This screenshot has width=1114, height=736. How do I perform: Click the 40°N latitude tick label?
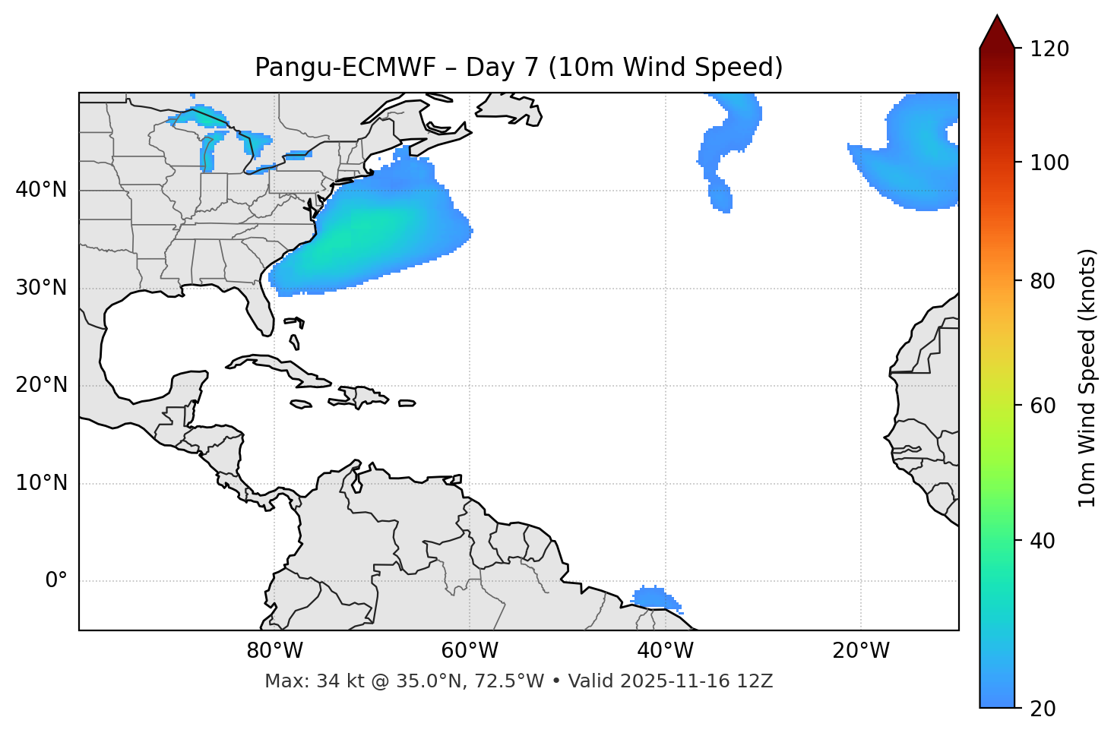pos(41,190)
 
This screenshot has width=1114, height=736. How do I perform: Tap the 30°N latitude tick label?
pos(41,288)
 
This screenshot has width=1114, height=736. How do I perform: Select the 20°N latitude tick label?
pos(41,385)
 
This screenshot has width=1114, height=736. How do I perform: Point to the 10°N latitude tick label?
pos(41,483)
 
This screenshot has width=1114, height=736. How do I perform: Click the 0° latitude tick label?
pos(56,581)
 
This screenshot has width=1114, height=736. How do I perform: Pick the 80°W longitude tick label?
pos(275,651)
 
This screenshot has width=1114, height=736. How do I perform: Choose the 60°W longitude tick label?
pos(470,651)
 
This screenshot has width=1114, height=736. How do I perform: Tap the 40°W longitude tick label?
pos(666,651)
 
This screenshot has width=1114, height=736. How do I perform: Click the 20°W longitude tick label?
pos(861,651)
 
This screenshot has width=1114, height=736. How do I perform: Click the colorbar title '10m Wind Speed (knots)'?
pos(1087,377)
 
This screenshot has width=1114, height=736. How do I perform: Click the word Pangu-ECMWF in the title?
pos(345,68)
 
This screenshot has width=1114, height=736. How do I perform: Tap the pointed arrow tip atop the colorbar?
pos(997,18)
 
